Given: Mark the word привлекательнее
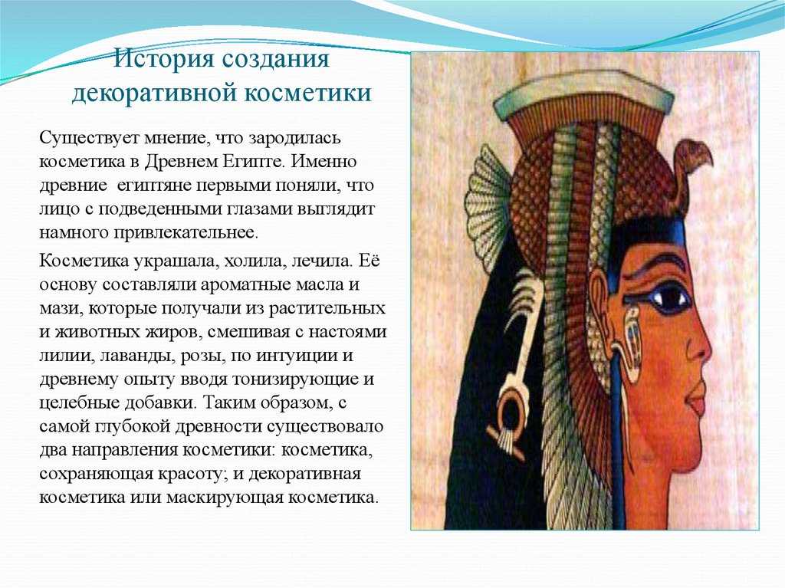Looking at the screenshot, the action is [187, 233].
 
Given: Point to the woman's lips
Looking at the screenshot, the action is [692, 401].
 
